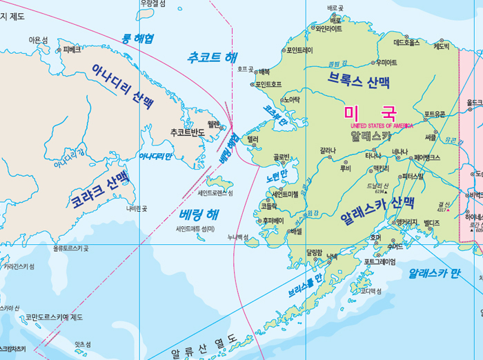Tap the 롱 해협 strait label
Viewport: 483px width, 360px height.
138,38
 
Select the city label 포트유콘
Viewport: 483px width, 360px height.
435,114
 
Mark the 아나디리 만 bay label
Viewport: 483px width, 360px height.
155,157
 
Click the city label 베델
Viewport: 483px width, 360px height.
297,232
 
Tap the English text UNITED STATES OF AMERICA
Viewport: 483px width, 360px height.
382,126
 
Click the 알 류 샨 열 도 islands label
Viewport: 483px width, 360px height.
202,347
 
